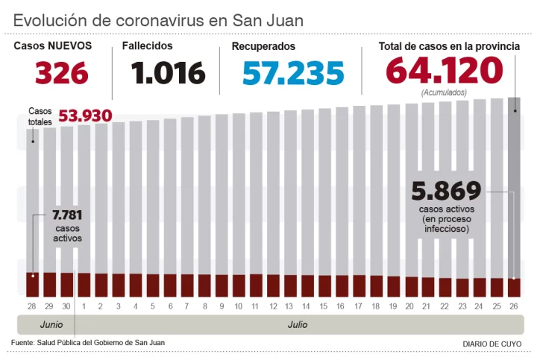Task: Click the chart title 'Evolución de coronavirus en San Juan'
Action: (158, 19)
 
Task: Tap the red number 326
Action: (62, 73)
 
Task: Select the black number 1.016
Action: (168, 73)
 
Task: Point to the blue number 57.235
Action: (293, 73)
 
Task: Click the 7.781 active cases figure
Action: (67, 215)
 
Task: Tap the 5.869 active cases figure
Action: (446, 191)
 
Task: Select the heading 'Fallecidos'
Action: (147, 46)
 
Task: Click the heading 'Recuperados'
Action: (263, 46)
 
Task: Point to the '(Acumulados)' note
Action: (444, 92)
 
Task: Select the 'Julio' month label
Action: (298, 325)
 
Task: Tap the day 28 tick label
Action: (32, 306)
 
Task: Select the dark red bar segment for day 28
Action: (32, 285)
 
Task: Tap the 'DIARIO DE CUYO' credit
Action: (492, 344)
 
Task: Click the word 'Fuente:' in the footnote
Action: (25, 342)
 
